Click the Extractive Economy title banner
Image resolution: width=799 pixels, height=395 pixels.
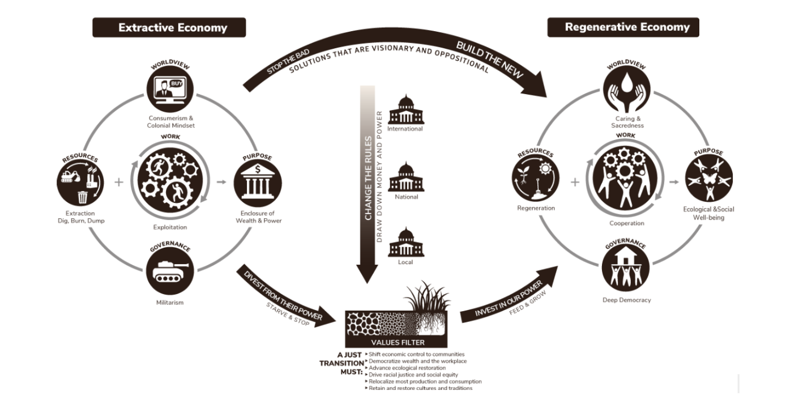169,28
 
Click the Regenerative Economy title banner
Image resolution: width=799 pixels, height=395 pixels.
623,27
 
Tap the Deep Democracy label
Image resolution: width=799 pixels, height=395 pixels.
626,300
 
